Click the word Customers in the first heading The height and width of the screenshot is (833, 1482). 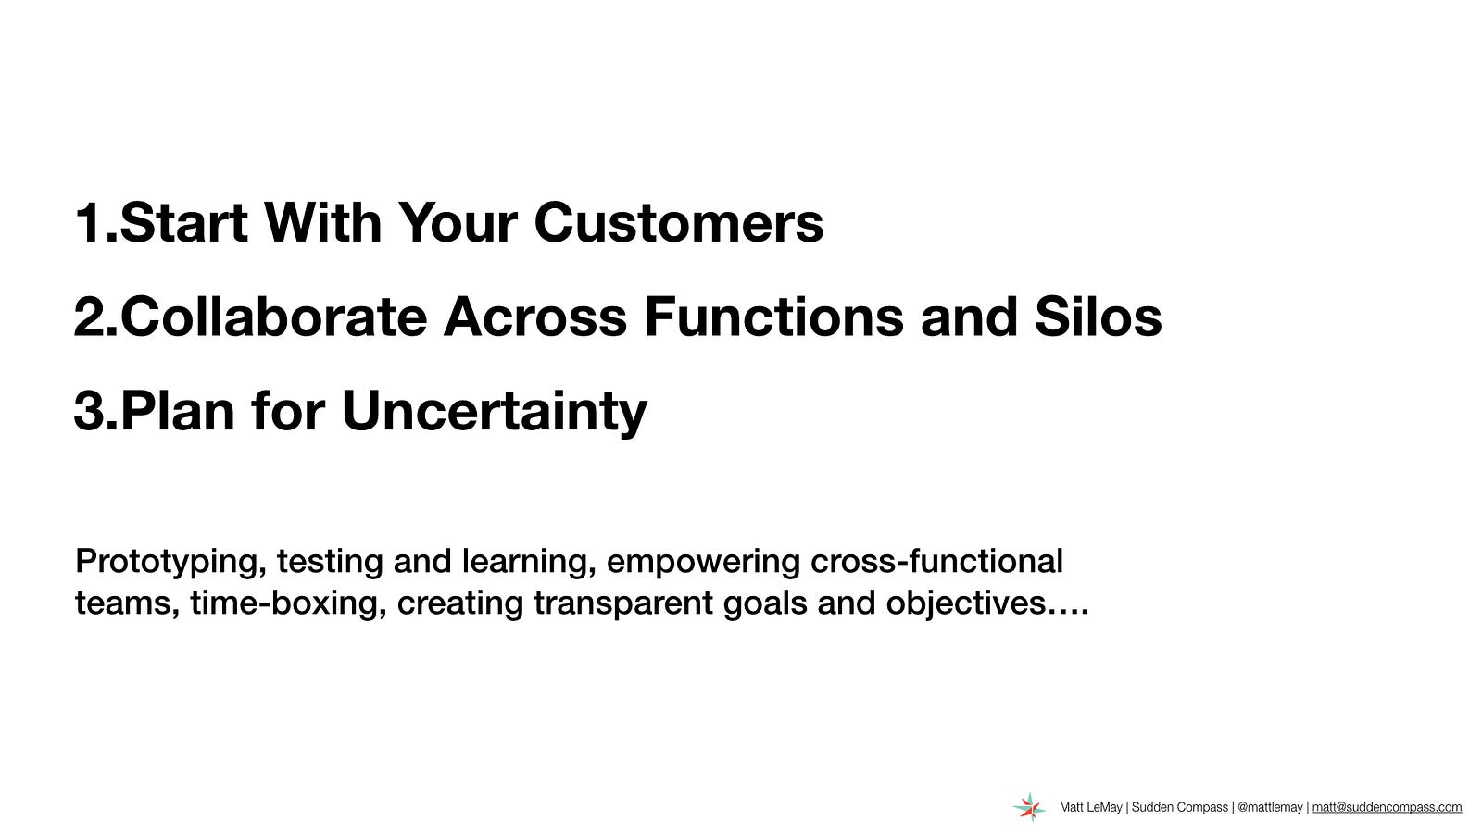click(x=679, y=223)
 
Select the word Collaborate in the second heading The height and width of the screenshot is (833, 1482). click(x=274, y=317)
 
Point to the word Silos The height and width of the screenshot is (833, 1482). click(x=1099, y=317)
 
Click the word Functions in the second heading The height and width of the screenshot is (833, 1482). click(x=774, y=317)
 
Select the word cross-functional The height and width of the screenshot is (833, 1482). click(x=936, y=561)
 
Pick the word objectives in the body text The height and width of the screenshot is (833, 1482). click(x=967, y=603)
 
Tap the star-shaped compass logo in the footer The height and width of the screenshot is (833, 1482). click(x=1029, y=807)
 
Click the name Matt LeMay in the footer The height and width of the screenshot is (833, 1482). click(x=1090, y=807)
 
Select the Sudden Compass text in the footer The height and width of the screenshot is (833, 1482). click(x=1180, y=807)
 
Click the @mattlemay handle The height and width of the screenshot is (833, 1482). click(x=1270, y=807)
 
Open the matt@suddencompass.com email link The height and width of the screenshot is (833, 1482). click(x=1387, y=807)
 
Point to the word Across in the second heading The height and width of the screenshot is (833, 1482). click(x=535, y=317)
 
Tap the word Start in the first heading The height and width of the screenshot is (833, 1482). click(x=184, y=223)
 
